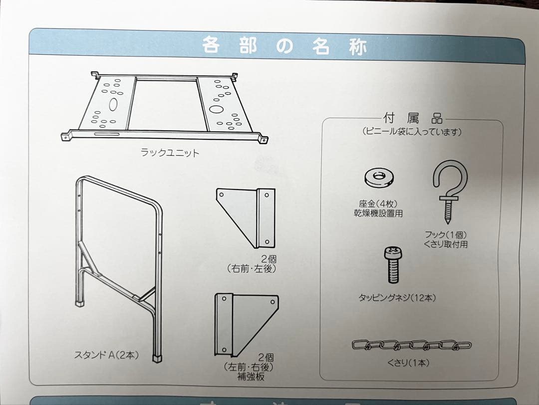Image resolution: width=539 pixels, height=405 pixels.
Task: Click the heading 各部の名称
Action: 285,46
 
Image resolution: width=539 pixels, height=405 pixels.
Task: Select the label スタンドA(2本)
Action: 106,355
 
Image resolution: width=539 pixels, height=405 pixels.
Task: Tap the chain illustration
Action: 411,345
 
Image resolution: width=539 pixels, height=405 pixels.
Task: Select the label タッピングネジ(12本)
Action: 397,297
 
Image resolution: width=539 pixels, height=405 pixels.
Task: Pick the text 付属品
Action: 413,119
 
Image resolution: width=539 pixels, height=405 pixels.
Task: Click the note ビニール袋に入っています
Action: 412,132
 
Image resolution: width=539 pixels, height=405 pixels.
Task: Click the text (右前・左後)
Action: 251,269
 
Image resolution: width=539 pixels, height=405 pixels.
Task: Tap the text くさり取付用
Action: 445,244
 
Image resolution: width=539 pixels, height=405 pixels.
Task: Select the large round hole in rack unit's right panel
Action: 217,108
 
